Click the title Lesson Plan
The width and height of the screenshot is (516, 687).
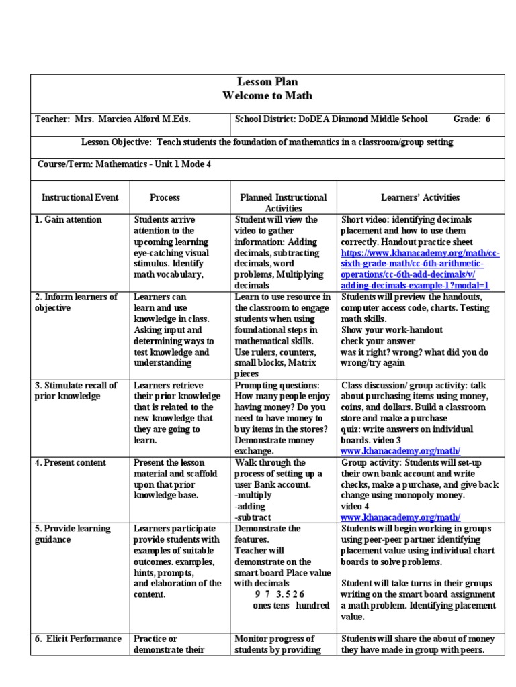267,82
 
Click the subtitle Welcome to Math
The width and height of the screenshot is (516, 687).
267,96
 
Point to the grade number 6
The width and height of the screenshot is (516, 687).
488,119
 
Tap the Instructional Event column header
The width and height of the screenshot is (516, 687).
80,197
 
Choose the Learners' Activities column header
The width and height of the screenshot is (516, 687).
420,197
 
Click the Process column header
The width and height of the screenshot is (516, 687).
165,197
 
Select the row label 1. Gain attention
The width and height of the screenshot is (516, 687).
69,220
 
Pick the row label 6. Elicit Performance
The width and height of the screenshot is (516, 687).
78,639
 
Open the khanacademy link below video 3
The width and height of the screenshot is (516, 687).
400,451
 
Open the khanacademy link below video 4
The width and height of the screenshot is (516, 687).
400,517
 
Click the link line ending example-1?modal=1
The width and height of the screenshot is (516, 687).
415,285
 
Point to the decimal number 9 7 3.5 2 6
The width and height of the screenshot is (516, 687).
279,594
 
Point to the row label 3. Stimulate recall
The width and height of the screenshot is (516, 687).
76,385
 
